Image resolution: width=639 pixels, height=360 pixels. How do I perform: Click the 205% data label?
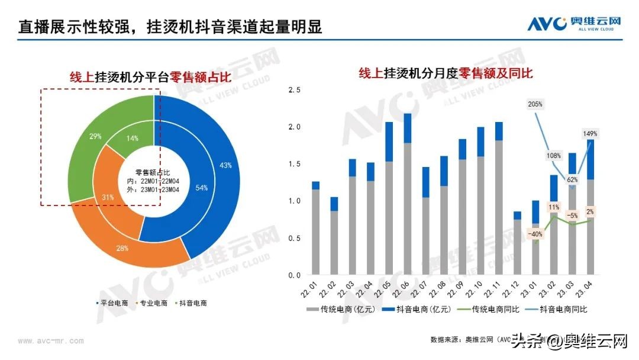tap(535, 104)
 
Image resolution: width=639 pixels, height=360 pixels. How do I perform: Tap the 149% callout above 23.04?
tap(589, 134)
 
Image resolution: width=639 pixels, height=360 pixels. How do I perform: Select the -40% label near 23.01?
tap(535, 234)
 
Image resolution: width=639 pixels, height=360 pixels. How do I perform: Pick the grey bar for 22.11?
tap(499, 207)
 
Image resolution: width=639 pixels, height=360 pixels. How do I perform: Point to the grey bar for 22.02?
tap(334, 243)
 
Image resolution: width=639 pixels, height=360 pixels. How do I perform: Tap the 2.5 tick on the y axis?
tap(294, 90)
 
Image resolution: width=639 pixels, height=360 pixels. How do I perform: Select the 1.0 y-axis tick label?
tap(294, 201)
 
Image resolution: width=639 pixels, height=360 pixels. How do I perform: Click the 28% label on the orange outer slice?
tap(122, 247)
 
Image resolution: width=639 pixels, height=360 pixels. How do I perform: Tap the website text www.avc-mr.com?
tap(51, 341)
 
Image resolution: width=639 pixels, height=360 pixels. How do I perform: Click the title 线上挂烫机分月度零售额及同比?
tap(446, 73)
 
